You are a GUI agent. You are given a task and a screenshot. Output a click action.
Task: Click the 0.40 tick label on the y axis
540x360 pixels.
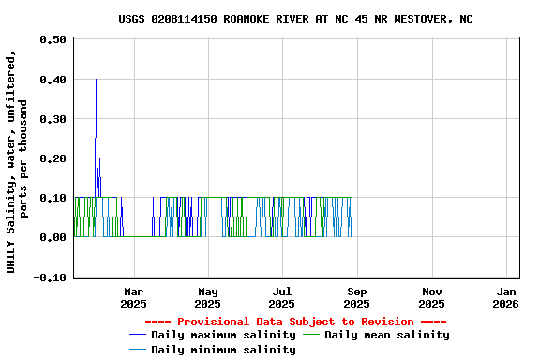[x=52, y=80]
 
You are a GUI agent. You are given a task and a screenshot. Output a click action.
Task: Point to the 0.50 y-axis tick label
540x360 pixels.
[x=52, y=40]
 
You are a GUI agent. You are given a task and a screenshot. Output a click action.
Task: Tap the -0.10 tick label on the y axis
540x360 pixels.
[x=50, y=277]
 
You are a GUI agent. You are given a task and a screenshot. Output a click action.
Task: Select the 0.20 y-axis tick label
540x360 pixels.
[x=52, y=159]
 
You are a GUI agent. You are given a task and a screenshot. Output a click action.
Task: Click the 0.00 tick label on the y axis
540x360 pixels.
[x=52, y=238]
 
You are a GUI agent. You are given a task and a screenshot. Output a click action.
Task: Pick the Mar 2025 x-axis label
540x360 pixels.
[x=134, y=297]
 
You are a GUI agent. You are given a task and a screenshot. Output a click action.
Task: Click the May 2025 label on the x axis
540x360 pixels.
[x=208, y=297]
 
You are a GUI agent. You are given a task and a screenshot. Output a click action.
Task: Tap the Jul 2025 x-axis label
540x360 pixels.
[x=281, y=297]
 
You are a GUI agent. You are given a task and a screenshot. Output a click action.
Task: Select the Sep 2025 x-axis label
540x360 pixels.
[x=356, y=297]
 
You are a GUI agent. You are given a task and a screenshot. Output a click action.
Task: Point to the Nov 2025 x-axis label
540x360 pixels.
[x=431, y=297]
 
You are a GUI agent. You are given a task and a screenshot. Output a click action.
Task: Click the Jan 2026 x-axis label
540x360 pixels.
[x=505, y=297]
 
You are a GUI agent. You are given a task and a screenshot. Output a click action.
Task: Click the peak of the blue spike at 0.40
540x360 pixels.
[x=96, y=80]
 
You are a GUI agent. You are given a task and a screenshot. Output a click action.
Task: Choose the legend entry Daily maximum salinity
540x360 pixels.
[x=223, y=335]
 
